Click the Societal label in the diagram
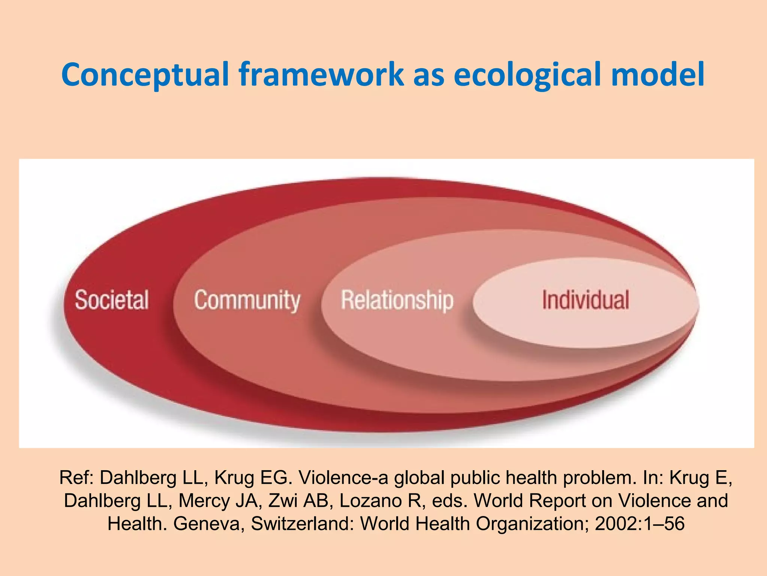112,300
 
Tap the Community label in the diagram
247,300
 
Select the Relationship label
397,300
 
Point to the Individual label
585,300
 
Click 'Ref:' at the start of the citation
77,478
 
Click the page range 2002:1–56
640,524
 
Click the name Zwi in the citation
284,501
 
